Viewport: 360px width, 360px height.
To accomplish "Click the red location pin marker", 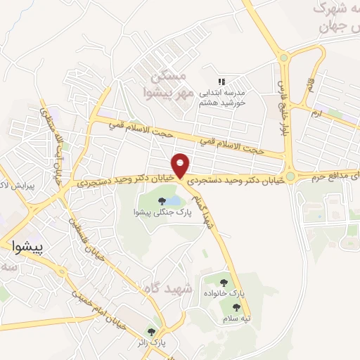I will [182, 166].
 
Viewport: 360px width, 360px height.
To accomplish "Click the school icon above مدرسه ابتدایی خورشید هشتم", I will [222, 82].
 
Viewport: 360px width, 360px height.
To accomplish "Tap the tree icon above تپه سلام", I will [236, 307].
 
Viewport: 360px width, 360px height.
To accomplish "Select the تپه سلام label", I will [236, 319].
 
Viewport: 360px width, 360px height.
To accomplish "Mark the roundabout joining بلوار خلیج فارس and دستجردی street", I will [290, 176].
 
